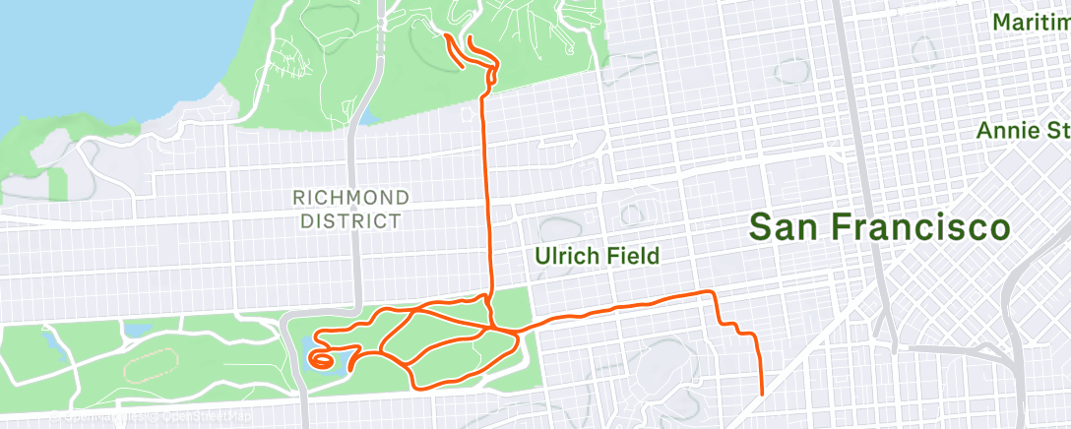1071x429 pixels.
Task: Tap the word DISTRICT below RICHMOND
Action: [x=350, y=221]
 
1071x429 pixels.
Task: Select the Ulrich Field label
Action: [x=598, y=257]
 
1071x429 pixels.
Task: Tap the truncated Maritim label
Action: [x=1031, y=22]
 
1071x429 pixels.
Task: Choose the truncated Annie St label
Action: [x=1023, y=131]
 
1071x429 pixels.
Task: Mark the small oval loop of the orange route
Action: [x=322, y=359]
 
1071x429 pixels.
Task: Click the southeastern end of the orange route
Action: [x=763, y=394]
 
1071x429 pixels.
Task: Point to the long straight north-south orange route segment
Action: [x=487, y=197]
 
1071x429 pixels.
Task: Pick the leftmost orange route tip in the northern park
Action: [x=447, y=36]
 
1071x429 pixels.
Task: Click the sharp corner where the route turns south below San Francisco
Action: [x=713, y=293]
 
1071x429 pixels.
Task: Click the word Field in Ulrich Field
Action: [x=631, y=257]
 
